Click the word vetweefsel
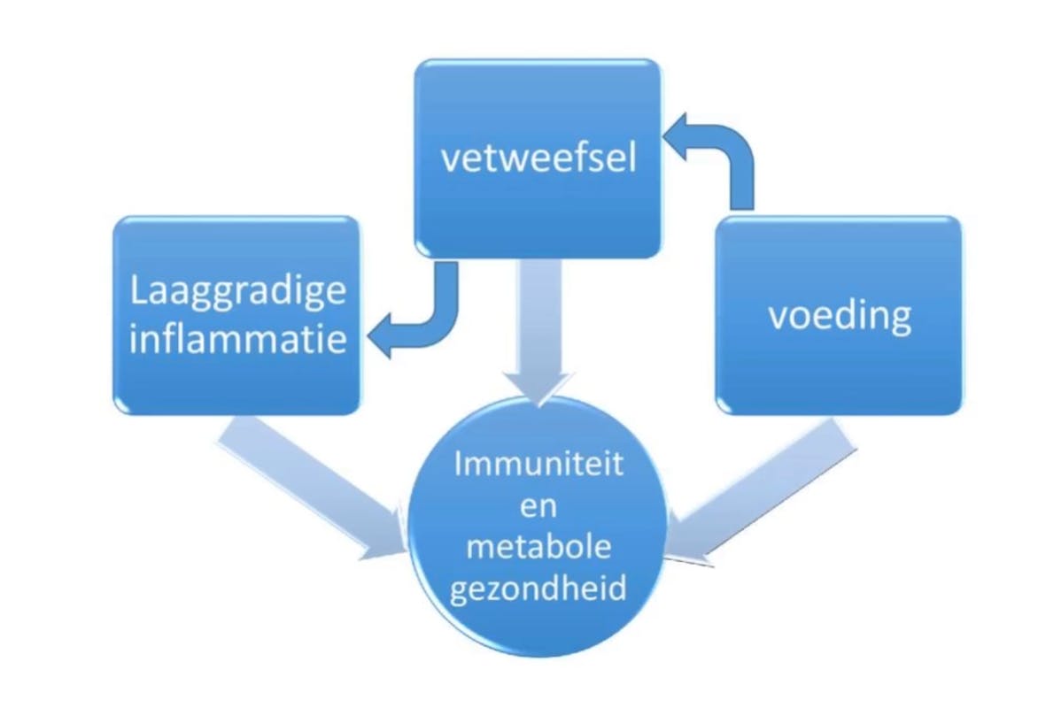(538, 161)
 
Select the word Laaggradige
(237, 291)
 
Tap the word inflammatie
(237, 339)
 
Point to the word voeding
(839, 316)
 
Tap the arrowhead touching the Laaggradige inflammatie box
(381, 341)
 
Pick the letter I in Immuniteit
(460, 465)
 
